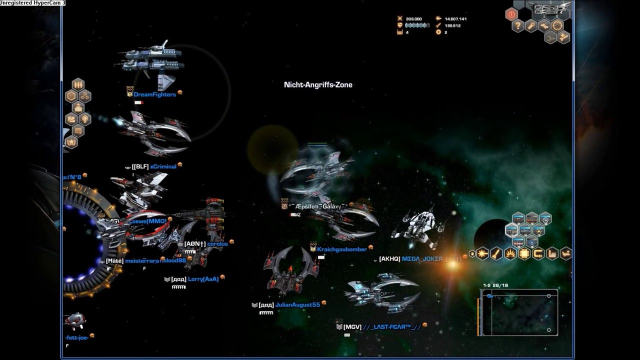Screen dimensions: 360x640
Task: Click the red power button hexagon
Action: pyautogui.click(x=511, y=14)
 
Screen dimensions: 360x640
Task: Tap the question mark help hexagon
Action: pyautogui.click(x=518, y=26)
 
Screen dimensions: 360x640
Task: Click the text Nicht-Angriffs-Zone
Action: pyautogui.click(x=318, y=85)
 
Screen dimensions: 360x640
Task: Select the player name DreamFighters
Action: pyautogui.click(x=154, y=94)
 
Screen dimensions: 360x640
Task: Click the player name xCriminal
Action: pyautogui.click(x=163, y=166)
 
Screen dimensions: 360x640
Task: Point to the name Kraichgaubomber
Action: pyautogui.click(x=342, y=249)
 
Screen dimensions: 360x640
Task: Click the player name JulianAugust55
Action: pyautogui.click(x=297, y=304)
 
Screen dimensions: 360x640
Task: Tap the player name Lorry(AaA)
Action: pyautogui.click(x=203, y=279)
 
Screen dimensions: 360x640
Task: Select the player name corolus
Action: pyautogui.click(x=217, y=244)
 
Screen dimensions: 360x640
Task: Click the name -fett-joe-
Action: pyautogui.click(x=76, y=337)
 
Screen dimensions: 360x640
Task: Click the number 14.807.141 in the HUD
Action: pyautogui.click(x=455, y=19)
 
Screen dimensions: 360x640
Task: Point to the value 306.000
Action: pyautogui.click(x=413, y=19)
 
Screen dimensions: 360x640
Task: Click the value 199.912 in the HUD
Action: pyautogui.click(x=452, y=25)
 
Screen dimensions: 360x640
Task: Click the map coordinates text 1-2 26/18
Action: pyautogui.click(x=495, y=285)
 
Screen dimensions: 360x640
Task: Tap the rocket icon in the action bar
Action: pyautogui.click(x=496, y=254)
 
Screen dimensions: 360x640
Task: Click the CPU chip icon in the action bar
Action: pyautogui.click(x=524, y=254)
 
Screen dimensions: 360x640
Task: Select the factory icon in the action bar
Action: pyautogui.click(x=552, y=254)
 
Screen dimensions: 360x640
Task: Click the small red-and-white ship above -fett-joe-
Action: pyautogui.click(x=75, y=321)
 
